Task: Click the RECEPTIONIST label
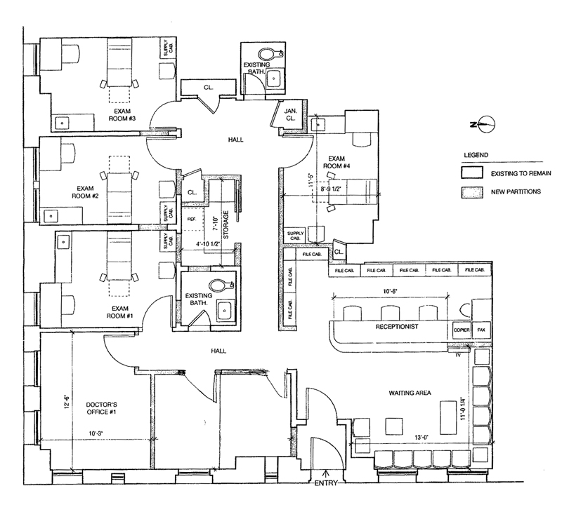pyautogui.click(x=397, y=327)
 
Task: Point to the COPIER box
pyautogui.click(x=462, y=329)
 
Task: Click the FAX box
pyautogui.click(x=481, y=329)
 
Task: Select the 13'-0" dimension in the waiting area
pyautogui.click(x=401, y=437)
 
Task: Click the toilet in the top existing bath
pyautogui.click(x=267, y=53)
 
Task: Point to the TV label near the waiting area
pyautogui.click(x=457, y=356)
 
